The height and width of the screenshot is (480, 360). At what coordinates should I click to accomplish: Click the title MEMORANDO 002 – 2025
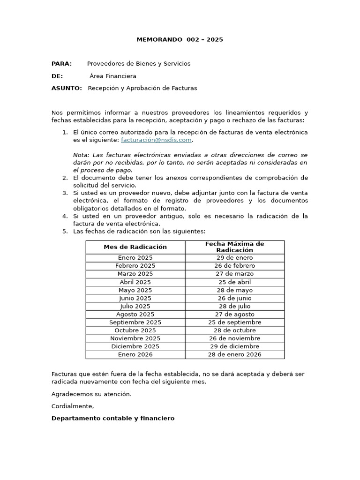coord(180,39)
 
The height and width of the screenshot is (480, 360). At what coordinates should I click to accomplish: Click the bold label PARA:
coord(61,64)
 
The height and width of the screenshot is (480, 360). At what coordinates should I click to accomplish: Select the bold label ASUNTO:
coord(66,88)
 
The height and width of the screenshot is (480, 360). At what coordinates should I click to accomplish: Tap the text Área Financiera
coord(113,76)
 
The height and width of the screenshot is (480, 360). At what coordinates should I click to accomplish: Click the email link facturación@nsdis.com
coord(156,140)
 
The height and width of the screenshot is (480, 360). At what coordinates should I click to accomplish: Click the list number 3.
coord(65,193)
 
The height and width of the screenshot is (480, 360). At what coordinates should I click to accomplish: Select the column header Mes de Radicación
coord(135,247)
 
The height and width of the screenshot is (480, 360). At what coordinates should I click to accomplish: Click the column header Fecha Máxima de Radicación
coord(234,247)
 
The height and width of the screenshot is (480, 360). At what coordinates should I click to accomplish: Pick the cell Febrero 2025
coord(135,266)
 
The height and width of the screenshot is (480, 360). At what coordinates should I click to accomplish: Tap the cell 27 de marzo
coord(234,274)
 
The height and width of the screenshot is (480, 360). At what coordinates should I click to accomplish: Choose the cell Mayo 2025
coord(135,290)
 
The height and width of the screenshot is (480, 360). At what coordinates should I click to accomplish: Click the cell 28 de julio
coord(234,306)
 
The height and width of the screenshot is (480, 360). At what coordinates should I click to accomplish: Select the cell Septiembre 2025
coord(135,322)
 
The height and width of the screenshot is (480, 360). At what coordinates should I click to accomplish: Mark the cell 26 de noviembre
coord(234,338)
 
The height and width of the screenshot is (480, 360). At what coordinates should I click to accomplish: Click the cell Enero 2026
coord(135,354)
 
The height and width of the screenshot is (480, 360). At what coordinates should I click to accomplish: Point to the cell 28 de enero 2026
coord(234,354)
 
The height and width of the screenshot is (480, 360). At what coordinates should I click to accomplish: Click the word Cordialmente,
coord(73,406)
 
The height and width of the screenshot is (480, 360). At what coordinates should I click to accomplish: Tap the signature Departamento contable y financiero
coord(112,418)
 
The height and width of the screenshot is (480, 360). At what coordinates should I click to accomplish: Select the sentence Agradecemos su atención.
coord(91,394)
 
